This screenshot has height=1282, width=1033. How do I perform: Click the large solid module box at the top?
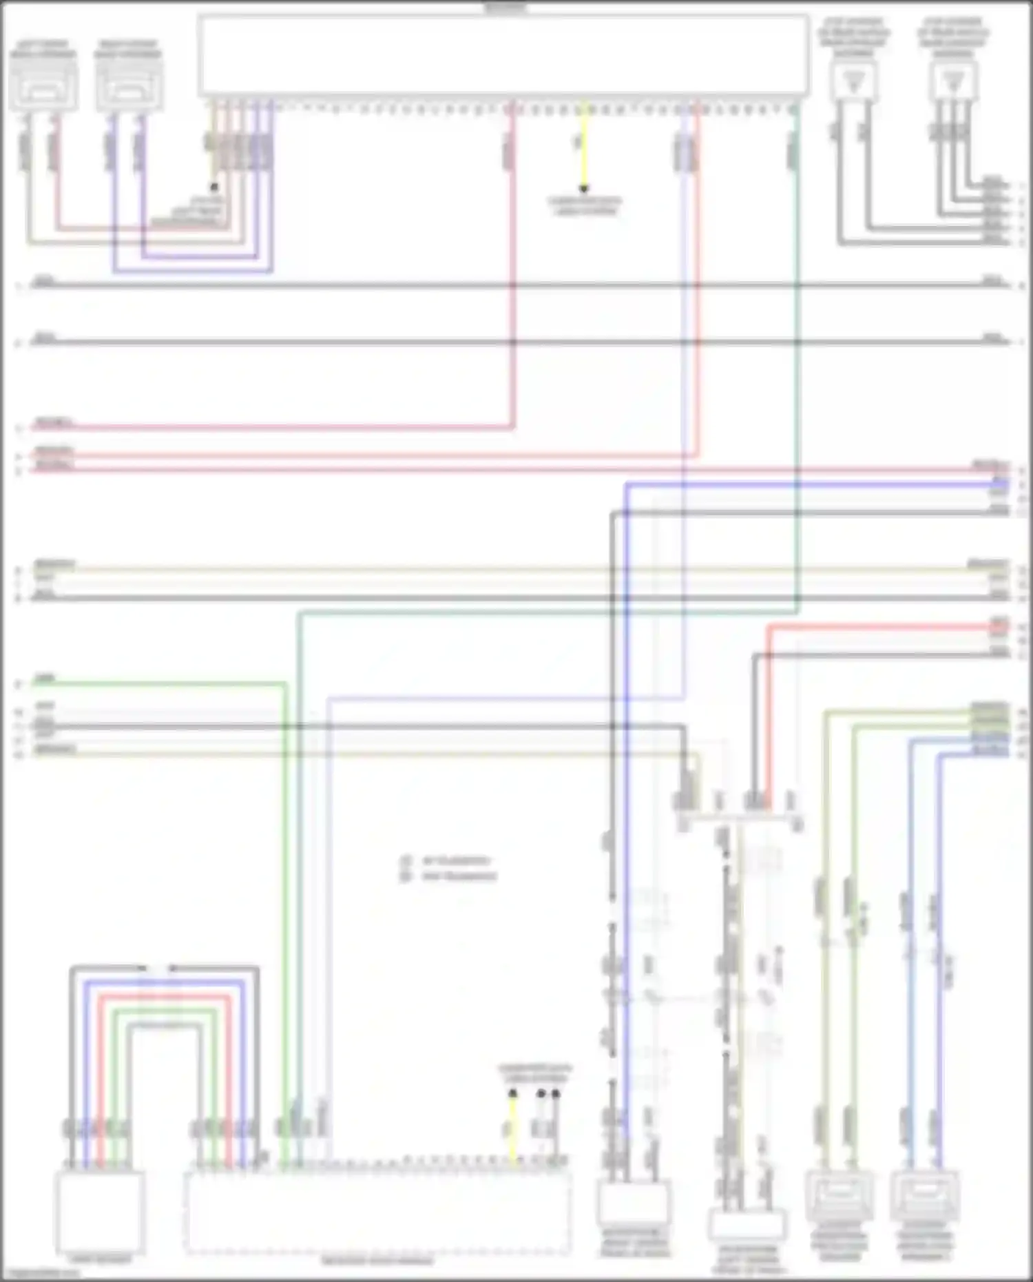click(x=503, y=55)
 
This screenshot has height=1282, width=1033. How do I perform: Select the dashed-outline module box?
click(x=377, y=1212)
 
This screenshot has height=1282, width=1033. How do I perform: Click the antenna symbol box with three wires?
click(x=953, y=81)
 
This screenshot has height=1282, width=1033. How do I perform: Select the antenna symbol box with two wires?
click(x=853, y=81)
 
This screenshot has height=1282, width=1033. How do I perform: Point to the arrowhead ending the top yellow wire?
click(x=584, y=188)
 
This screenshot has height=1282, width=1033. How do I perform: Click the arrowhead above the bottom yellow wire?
click(x=512, y=1094)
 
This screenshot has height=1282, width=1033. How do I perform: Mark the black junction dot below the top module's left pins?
click(x=214, y=187)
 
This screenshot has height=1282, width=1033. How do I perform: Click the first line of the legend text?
click(x=455, y=861)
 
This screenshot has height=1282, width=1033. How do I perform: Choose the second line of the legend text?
click(x=458, y=877)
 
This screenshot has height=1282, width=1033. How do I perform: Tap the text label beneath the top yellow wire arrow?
click(x=585, y=206)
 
